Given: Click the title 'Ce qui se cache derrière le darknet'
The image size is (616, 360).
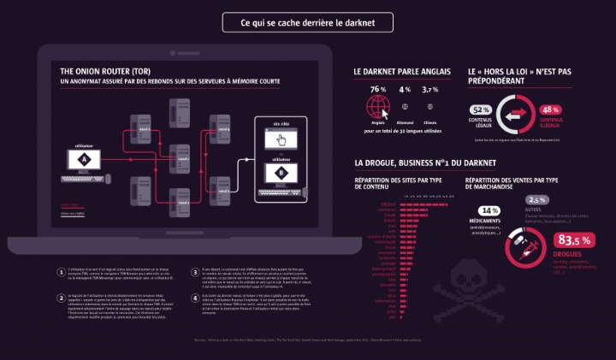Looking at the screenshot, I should point(307,22).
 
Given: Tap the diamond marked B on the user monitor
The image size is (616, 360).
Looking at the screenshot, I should point(281,170).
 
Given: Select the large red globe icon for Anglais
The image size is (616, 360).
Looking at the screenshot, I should point(377,108).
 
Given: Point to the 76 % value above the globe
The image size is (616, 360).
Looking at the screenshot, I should point(377,89).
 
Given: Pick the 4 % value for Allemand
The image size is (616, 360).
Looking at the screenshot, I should point(404,89).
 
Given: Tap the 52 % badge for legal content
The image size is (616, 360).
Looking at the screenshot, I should point(480,109).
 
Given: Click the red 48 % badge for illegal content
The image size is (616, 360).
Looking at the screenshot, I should point(550,109).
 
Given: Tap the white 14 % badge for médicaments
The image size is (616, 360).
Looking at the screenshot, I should point(489,210).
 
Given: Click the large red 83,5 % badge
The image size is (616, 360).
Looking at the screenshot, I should point(573,239).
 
